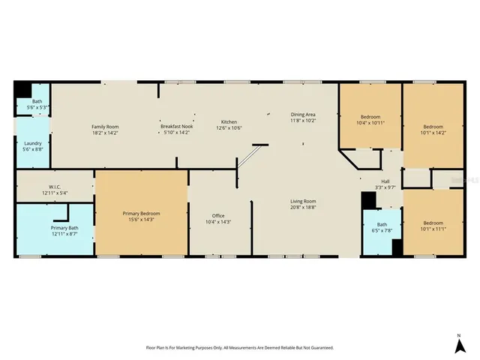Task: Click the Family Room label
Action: (105, 127)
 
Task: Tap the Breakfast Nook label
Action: (177, 127)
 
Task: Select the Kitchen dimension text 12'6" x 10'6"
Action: (229, 127)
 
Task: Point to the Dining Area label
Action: (303, 115)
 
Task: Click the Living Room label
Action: (304, 201)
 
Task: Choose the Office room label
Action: (219, 216)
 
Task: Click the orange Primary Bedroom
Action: (141, 217)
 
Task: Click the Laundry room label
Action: (32, 143)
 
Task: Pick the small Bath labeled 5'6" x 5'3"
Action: (37, 104)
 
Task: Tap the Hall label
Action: (385, 181)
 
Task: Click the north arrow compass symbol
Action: (458, 344)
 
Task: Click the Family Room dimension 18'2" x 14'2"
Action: (105, 133)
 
